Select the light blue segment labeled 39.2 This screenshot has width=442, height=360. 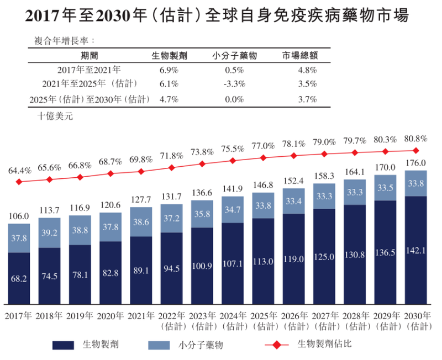click(49, 232)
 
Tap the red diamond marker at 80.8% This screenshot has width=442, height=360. click(415, 150)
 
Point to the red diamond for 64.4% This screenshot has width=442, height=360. click(19, 182)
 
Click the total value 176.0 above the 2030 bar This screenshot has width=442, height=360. click(415, 163)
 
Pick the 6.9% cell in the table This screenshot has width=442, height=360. click(168, 70)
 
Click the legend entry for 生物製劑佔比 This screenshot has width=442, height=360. click(324, 344)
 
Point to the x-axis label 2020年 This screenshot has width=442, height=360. click(110, 316)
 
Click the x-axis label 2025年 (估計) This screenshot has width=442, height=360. click(263, 321)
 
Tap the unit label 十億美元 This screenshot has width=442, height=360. click(55, 117)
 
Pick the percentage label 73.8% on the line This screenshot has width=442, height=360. click(202, 152)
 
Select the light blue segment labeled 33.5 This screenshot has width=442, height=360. click(385, 188)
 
